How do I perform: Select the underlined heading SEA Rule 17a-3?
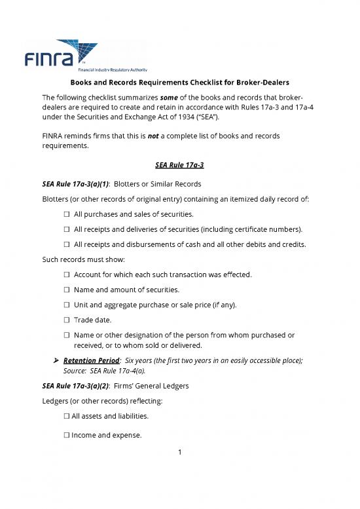[x=179, y=163]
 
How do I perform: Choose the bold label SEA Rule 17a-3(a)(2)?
[x=70, y=386]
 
